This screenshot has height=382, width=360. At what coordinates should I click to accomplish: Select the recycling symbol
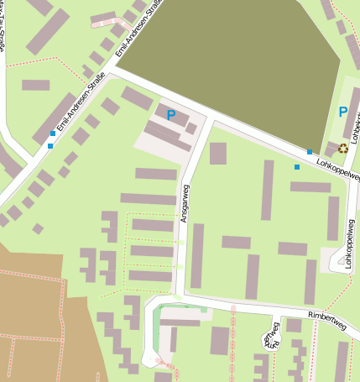coord(342,148)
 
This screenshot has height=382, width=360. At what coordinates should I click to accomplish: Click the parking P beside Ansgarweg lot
coord(171,115)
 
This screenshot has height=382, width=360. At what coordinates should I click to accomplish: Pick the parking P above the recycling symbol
coord(342,112)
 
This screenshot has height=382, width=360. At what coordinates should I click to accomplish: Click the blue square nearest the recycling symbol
coord(310,152)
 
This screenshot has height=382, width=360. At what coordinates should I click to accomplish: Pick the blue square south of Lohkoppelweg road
coord(296,167)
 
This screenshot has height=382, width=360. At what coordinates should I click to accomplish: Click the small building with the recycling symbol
coord(332,149)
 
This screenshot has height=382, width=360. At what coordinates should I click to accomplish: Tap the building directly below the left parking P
coord(168,134)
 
